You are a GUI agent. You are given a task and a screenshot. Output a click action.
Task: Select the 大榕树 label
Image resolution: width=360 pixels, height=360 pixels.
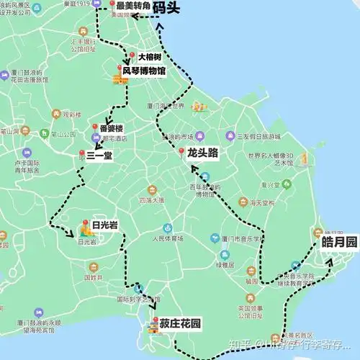(150, 56)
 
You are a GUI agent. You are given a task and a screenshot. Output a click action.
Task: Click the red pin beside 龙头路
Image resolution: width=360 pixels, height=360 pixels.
(181, 152)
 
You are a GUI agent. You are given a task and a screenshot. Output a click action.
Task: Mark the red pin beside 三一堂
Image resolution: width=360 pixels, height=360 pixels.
(81, 153)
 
